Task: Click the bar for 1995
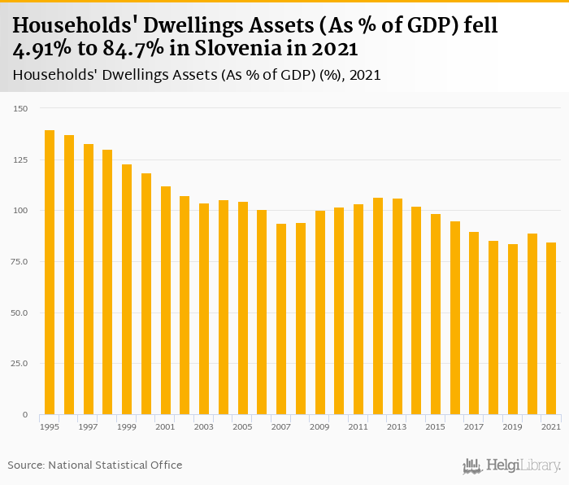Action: (x=50, y=273)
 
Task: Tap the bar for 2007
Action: (x=281, y=319)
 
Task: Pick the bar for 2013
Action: (x=397, y=307)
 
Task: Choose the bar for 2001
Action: (x=166, y=300)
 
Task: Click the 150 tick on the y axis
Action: (x=21, y=109)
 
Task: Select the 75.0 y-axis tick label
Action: (x=20, y=262)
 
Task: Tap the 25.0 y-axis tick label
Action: (x=20, y=364)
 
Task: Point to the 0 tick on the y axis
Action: (x=25, y=415)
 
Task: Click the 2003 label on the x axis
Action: (x=204, y=427)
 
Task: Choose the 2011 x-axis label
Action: (x=358, y=427)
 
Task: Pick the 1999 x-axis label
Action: (x=127, y=427)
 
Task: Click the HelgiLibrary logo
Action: (x=512, y=466)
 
